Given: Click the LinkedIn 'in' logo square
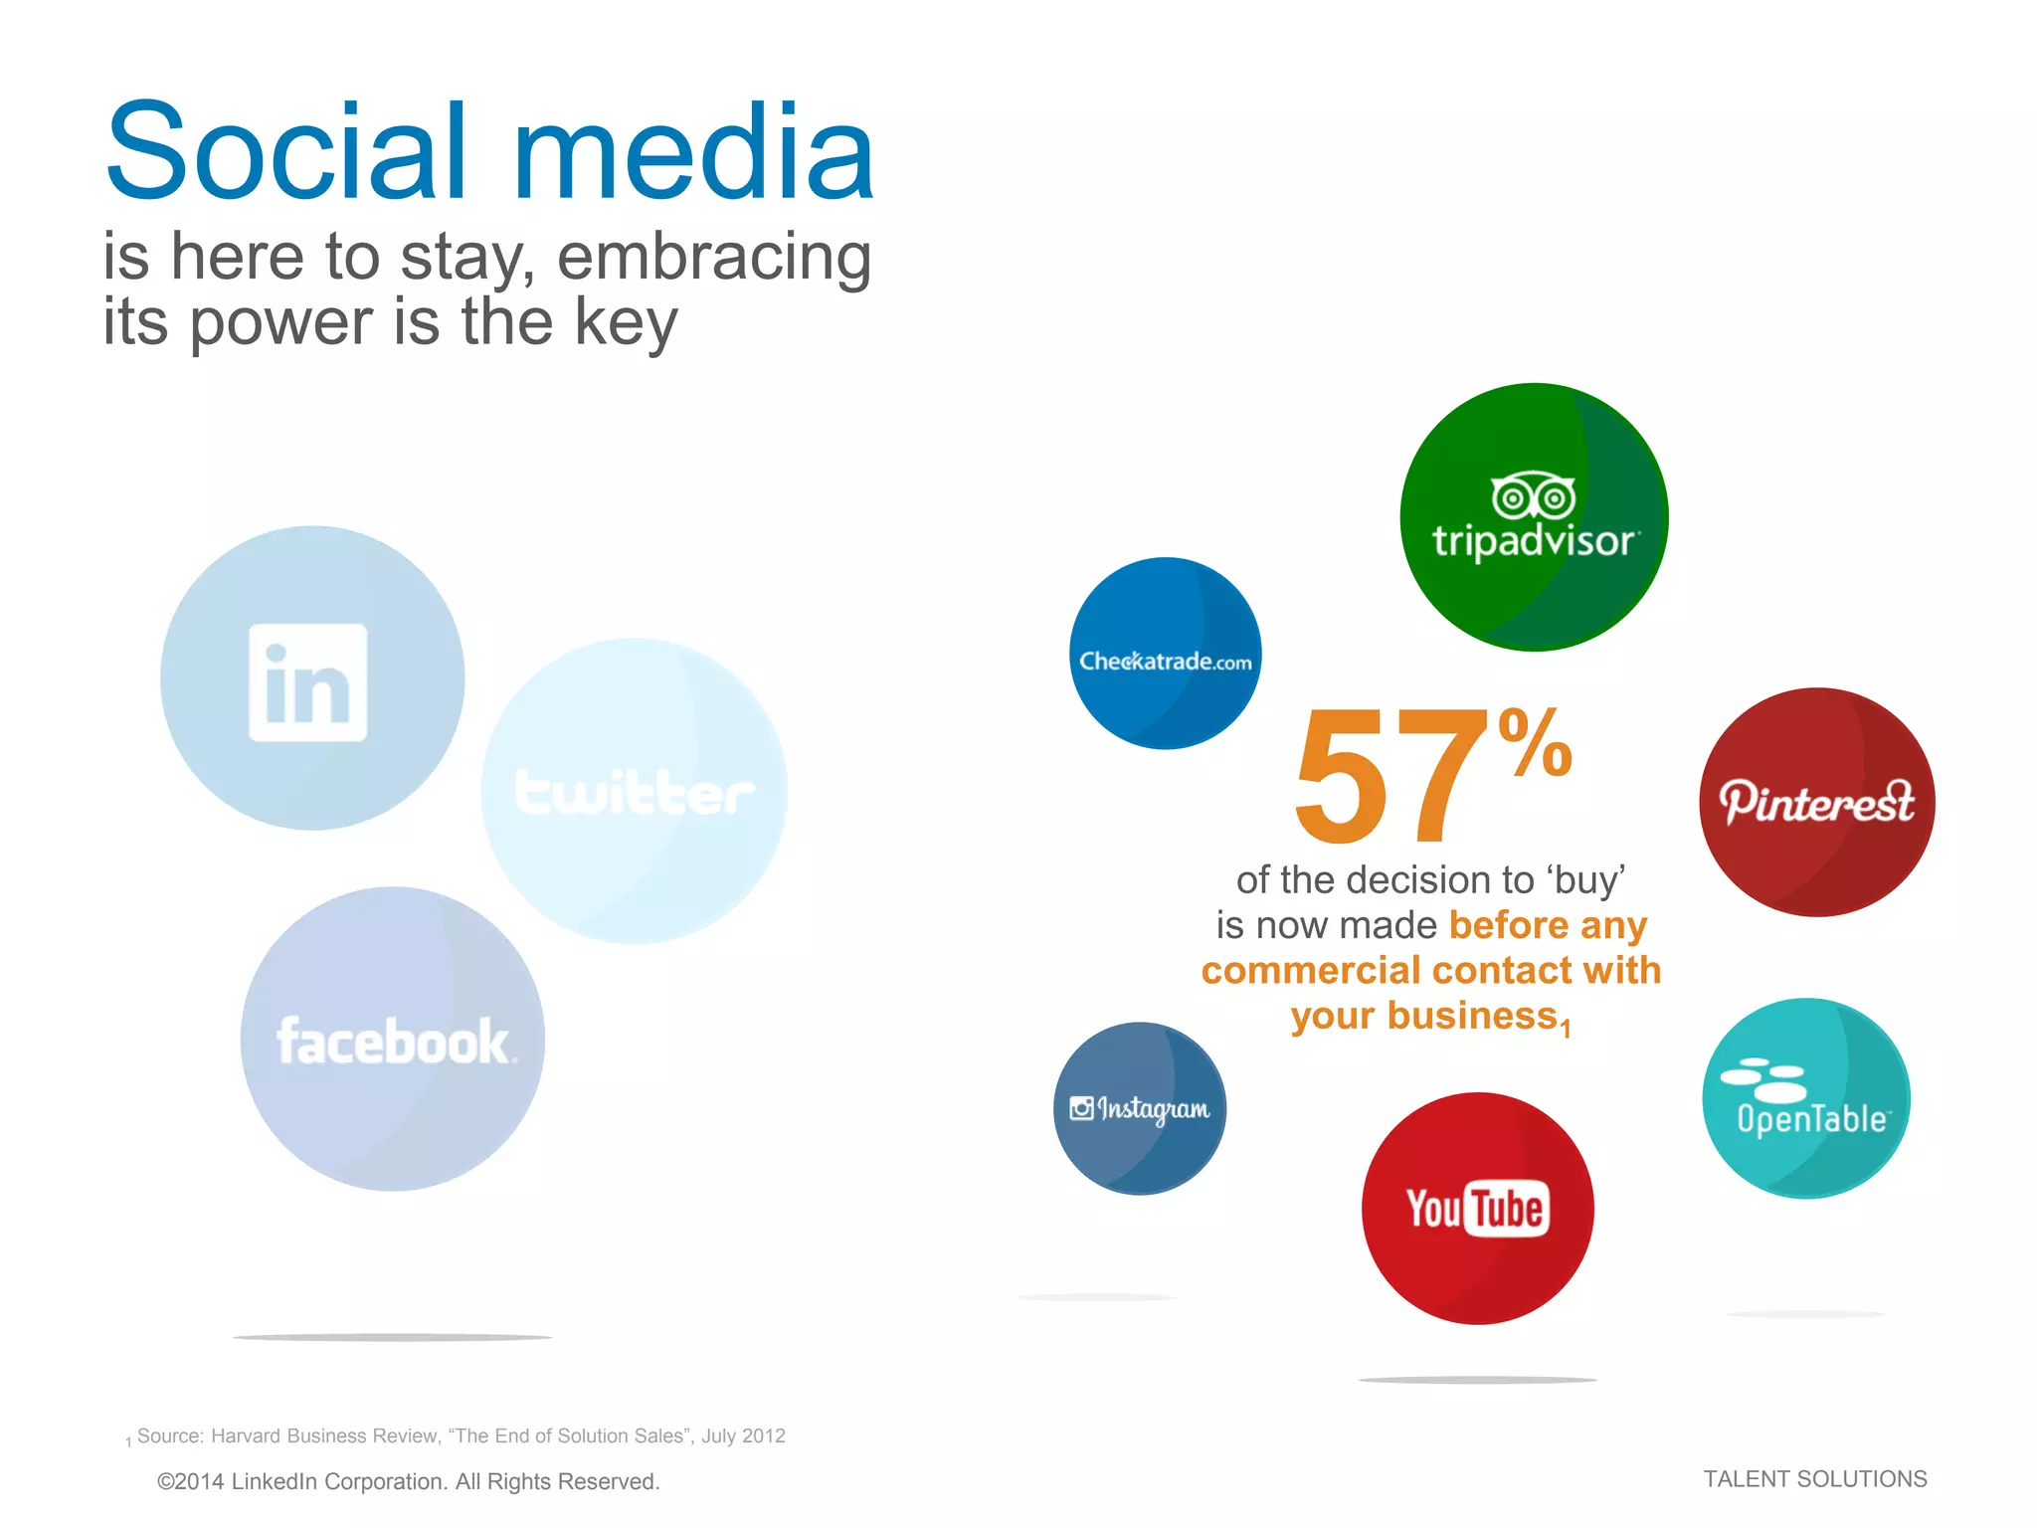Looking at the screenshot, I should point(307,682).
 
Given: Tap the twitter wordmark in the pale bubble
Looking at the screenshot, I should point(634,793).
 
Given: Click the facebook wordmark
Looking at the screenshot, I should point(395,1042).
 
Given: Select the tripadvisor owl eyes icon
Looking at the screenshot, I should point(1533,496).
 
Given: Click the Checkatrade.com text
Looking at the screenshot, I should point(1165,662).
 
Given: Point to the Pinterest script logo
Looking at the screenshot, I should point(1816,802).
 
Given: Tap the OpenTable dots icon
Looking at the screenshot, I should point(1762,1079).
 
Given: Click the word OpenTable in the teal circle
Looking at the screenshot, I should point(1811,1120).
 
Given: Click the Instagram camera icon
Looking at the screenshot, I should point(1081,1107).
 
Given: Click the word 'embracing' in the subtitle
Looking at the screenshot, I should point(713,257).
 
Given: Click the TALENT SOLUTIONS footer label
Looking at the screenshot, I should point(1814,1479).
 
